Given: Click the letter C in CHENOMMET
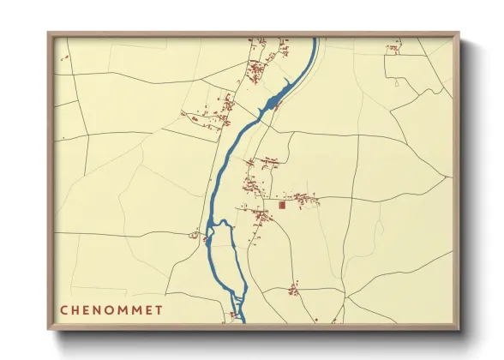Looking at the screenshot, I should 64,309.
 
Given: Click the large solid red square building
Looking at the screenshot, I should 281,206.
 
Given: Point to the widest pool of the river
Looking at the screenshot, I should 272,105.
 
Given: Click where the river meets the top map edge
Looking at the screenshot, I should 314,39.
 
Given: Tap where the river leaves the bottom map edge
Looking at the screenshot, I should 242,321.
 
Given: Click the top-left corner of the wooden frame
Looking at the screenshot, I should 48,33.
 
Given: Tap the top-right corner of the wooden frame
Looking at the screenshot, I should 459,33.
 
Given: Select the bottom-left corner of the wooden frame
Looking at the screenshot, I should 48,330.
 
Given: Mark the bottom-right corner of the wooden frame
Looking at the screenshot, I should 459,330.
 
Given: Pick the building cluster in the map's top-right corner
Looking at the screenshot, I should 393,47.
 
